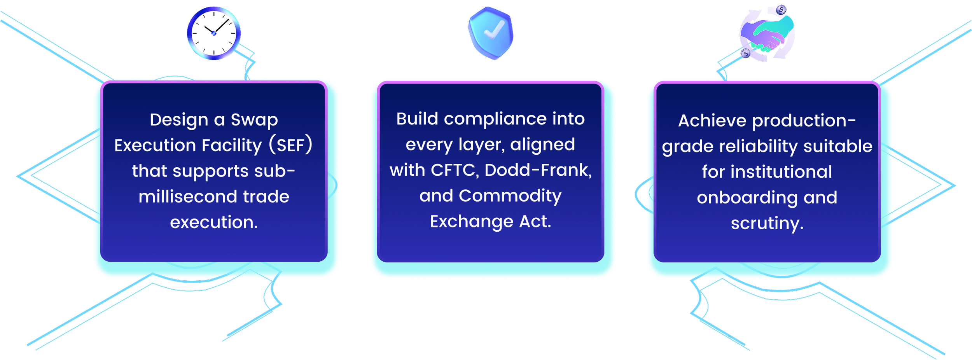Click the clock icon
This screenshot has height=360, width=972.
[x=213, y=33]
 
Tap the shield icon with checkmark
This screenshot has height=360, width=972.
[x=491, y=33]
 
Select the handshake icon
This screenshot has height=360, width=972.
[x=767, y=34]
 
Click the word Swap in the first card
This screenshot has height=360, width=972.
[x=254, y=120]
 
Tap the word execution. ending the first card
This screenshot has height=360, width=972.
[x=214, y=222]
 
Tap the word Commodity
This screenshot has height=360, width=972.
[x=510, y=196]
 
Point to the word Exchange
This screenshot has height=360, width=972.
[x=472, y=222]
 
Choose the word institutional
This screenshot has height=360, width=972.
[x=781, y=172]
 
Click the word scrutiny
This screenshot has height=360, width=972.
[x=767, y=224]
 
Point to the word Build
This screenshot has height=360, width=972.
[x=417, y=119]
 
